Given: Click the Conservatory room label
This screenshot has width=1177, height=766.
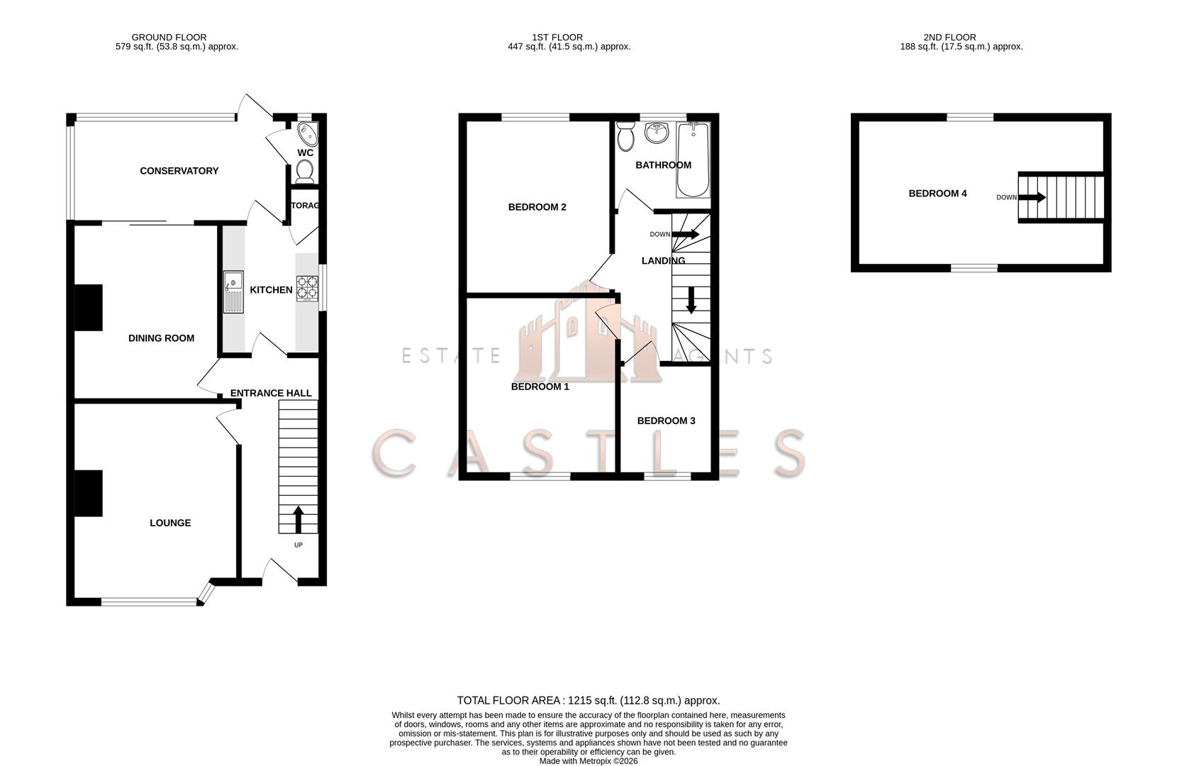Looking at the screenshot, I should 179,171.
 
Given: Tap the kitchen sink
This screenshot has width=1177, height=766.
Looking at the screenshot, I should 233,292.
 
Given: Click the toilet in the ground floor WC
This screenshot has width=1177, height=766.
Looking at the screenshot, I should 305,171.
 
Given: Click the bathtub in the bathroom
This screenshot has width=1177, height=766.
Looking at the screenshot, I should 693,160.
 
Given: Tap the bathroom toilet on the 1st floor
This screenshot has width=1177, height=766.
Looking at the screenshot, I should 625,136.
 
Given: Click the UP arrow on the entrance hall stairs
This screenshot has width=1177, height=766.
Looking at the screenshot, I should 298,519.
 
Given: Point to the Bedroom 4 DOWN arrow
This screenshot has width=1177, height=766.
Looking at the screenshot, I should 1032,197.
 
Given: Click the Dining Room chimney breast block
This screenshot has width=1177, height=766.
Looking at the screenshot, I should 89,308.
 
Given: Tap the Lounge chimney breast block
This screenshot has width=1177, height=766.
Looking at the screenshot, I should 89,493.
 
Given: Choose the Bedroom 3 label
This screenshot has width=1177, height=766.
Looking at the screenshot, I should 666,421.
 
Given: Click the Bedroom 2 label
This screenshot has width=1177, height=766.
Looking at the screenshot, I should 537,207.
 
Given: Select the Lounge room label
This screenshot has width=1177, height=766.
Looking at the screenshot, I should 170,523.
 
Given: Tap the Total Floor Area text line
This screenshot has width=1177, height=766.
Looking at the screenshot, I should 588,700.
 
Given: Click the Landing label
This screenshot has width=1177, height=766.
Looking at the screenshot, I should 663,260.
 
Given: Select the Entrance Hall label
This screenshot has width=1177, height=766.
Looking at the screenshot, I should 271,393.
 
